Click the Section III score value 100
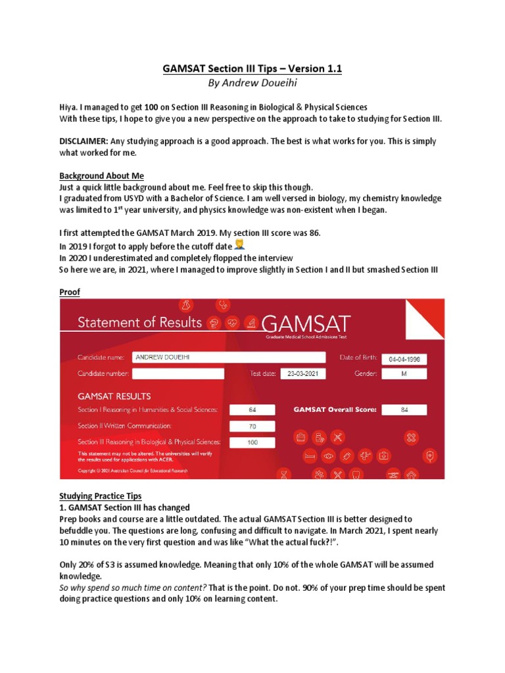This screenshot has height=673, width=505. (x=252, y=442)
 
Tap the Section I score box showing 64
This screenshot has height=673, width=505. (x=252, y=409)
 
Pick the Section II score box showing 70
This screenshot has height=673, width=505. (x=252, y=426)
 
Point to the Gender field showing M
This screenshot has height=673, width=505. (x=404, y=373)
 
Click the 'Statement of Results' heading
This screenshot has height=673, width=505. (x=140, y=322)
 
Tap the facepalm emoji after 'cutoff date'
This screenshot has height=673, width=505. (x=239, y=244)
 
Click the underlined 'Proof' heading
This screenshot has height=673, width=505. (x=70, y=292)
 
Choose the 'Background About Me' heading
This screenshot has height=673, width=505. (x=101, y=176)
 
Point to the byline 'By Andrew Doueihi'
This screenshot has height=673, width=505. (x=252, y=83)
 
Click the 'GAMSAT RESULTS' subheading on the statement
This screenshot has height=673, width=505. (x=114, y=396)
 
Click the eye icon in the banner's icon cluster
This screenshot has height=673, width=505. (x=329, y=455)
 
